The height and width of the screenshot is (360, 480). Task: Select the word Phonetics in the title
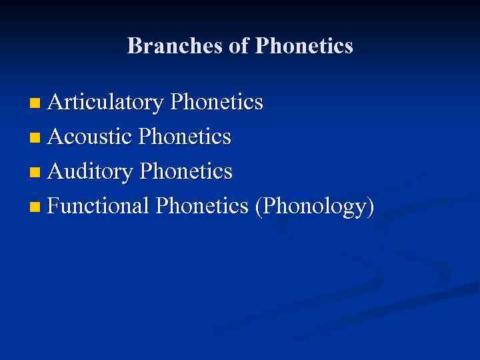[304, 46]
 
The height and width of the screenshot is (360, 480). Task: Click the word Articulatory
[105, 103]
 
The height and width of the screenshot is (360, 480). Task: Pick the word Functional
[98, 207]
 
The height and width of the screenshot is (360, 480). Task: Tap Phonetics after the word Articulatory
[217, 103]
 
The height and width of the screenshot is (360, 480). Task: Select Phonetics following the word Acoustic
[185, 137]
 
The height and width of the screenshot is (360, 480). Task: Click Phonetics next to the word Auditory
[186, 172]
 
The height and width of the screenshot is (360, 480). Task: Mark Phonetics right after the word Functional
[202, 207]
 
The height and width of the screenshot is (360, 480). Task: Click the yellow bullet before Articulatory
[35, 103]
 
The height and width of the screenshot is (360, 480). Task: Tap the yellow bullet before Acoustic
[35, 138]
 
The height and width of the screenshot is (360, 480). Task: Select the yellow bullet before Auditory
[35, 173]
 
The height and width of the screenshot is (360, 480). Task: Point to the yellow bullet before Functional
[35, 207]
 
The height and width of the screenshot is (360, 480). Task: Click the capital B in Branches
[133, 46]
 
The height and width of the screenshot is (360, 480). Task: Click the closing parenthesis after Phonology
[370, 207]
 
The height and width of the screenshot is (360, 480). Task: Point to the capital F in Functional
[54, 207]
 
